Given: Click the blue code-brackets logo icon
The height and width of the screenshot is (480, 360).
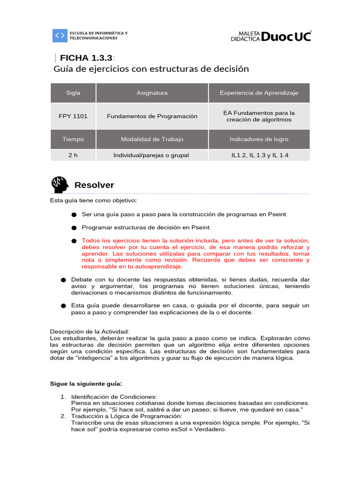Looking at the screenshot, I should [x=60, y=36].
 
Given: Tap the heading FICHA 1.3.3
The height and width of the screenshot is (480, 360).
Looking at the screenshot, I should [x=84, y=58].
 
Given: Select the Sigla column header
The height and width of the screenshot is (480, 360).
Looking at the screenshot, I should [x=73, y=93].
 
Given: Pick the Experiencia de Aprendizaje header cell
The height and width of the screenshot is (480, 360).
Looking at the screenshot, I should [x=259, y=93].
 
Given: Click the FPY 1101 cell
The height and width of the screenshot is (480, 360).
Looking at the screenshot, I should [x=73, y=116].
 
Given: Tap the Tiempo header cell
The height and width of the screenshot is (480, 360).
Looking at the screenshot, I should [x=73, y=139].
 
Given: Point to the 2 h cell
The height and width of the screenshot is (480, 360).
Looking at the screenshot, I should [x=73, y=155].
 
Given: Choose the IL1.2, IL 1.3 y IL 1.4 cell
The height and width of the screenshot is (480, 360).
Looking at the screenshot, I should [x=259, y=155].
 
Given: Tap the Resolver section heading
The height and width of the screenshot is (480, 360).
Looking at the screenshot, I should [x=94, y=185].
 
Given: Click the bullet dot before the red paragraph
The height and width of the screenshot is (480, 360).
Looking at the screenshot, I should [x=74, y=240].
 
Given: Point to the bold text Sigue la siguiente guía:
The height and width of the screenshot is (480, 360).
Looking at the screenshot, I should [x=86, y=383].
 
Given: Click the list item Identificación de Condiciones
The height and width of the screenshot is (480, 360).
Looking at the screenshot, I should [x=114, y=397].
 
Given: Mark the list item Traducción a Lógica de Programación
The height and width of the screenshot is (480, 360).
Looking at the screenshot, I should [x=126, y=416].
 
